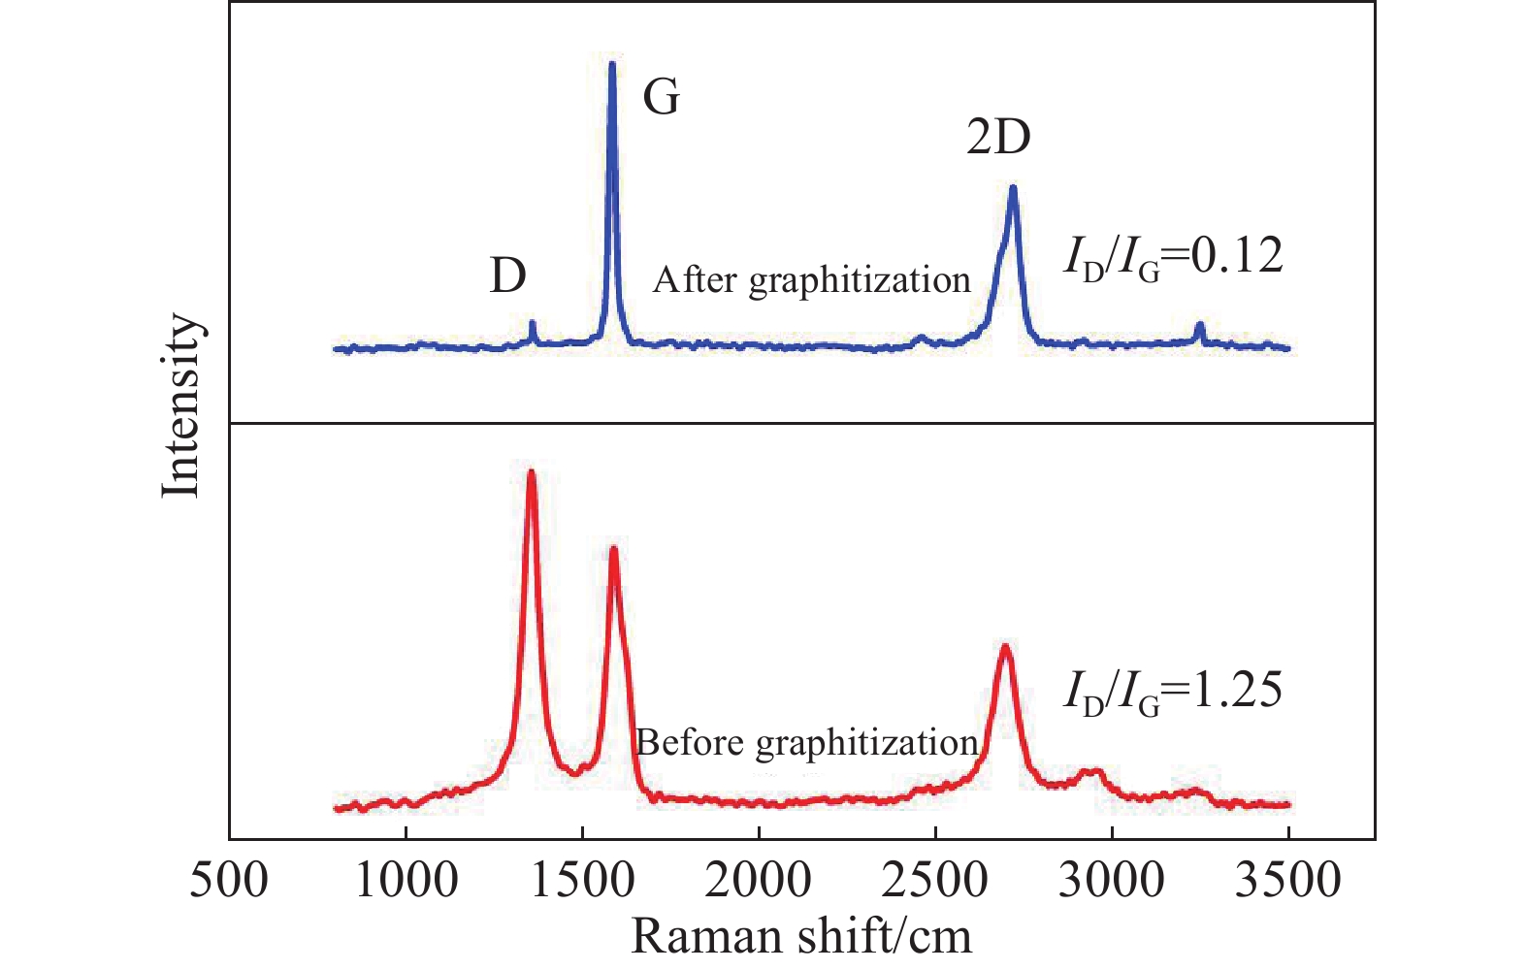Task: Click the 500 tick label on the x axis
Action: click(229, 881)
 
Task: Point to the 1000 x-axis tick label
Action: click(406, 881)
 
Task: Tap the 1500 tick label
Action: click(582, 881)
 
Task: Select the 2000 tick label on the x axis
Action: click(759, 881)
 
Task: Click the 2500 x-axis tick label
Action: click(935, 881)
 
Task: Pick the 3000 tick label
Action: click(1112, 881)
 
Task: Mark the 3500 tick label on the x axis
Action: click(1288, 881)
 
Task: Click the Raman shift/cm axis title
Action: click(801, 937)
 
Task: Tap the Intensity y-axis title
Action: click(181, 405)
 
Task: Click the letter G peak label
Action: click(662, 97)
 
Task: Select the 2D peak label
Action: click(998, 138)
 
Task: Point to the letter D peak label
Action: click(508, 276)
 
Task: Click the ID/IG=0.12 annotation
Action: click(1173, 257)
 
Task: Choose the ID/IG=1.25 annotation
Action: click(1173, 691)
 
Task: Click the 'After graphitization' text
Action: click(812, 280)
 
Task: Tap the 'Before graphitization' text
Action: click(807, 743)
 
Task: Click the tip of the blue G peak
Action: click(612, 64)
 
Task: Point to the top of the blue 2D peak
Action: click(1013, 187)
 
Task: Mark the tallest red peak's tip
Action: click(531, 472)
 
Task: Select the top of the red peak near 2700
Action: click(1005, 646)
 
